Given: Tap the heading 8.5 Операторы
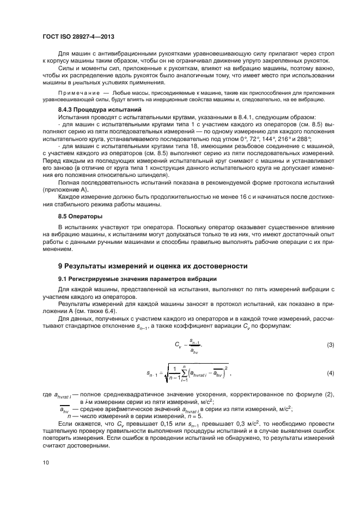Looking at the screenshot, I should pyautogui.click(x=76, y=216).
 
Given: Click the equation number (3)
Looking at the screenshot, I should pyautogui.click(x=330, y=345).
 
